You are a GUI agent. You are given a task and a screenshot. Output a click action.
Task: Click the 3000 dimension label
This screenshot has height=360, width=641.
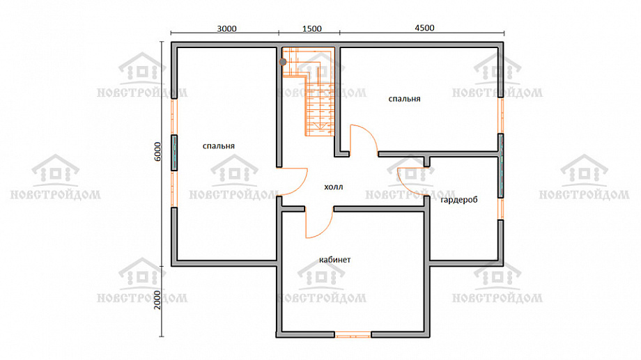[226, 29]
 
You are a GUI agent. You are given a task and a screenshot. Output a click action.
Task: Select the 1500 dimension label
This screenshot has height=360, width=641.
[312, 29]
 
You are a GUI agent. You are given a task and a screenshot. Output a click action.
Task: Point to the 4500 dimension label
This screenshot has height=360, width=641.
[424, 28]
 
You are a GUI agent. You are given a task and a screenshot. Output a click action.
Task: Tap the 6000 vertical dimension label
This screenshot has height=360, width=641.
[157, 152]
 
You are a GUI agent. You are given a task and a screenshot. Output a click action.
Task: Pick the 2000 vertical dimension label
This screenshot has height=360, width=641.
[157, 299]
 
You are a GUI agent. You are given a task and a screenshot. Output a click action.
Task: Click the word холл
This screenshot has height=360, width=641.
[334, 187]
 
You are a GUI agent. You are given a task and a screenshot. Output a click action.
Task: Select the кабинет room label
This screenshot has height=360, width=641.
[335, 260]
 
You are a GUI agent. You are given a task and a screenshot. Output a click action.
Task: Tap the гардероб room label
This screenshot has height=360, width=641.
[459, 200]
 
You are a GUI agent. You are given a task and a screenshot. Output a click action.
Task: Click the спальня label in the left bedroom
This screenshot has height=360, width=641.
[219, 146]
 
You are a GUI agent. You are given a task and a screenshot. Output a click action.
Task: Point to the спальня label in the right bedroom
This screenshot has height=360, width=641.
[404, 99]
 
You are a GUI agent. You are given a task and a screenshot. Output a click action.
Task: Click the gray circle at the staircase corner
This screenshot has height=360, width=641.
[283, 62]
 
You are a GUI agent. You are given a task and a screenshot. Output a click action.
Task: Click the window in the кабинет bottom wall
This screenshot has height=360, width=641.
[353, 335]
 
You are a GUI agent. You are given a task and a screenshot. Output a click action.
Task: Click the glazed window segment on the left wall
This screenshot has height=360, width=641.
[174, 152]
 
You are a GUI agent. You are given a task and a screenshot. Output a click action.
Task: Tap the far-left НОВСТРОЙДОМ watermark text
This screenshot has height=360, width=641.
[56, 194]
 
